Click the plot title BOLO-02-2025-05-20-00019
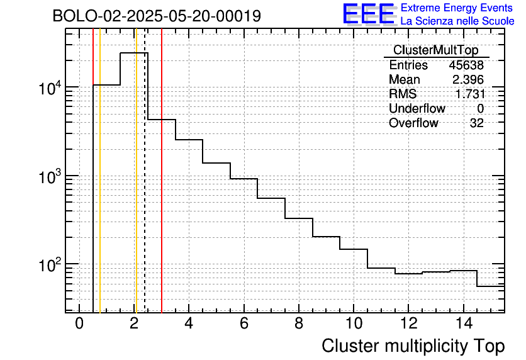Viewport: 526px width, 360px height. point(157,16)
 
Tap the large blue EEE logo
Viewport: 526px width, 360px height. point(369,14)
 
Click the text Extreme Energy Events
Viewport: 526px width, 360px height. point(457,8)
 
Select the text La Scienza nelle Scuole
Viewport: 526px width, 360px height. point(457,21)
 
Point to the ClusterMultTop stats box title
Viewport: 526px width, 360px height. point(435,50)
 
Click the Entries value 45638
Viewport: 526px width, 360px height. point(466,65)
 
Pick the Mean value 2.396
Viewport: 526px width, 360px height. point(468,80)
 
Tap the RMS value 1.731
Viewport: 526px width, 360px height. point(469,94)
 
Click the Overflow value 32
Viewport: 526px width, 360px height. point(477,123)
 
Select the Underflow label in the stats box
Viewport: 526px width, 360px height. point(417,109)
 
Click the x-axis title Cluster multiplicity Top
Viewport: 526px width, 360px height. point(413,346)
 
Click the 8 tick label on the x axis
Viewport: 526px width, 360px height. point(298,324)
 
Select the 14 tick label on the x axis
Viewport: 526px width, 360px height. point(462,324)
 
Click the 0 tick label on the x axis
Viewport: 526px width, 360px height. point(79,324)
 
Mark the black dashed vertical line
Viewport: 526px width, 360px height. point(145,189)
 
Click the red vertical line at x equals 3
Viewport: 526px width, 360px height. point(162,189)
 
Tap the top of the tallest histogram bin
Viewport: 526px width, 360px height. point(134,53)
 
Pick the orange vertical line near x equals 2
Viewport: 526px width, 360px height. point(136,189)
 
